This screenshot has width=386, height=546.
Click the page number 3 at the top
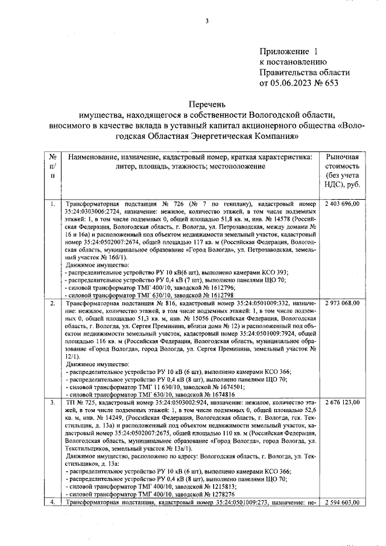[x=206, y=22]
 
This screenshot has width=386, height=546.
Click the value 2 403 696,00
[x=342, y=205]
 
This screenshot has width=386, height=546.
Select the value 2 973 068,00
[x=342, y=302]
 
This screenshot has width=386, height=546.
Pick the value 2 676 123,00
[x=342, y=402]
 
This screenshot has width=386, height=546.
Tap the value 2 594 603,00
[x=342, y=502]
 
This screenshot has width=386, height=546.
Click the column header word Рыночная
[x=343, y=156]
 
